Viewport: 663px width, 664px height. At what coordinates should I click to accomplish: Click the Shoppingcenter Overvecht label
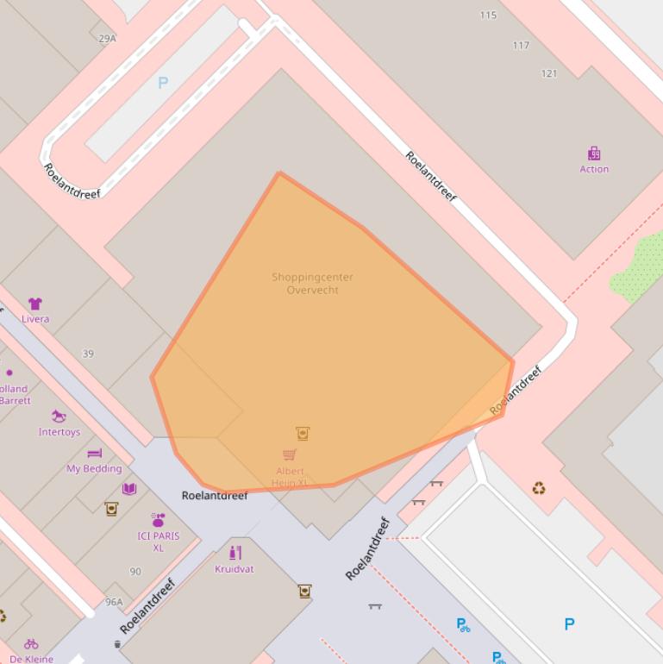pyautogui.click(x=312, y=284)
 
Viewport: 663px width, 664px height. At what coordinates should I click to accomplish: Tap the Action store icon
pyautogui.click(x=594, y=154)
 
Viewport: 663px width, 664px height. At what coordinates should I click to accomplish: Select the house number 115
pyautogui.click(x=489, y=16)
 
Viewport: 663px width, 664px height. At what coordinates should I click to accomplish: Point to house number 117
pyautogui.click(x=521, y=46)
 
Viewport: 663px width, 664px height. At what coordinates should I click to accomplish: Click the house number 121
pyautogui.click(x=549, y=73)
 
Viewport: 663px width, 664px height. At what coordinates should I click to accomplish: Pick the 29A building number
pyautogui.click(x=107, y=39)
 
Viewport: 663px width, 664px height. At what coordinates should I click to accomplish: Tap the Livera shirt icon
pyautogui.click(x=35, y=304)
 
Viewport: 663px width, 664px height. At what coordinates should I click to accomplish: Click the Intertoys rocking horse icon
pyautogui.click(x=59, y=417)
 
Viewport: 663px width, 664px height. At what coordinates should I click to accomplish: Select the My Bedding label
pyautogui.click(x=94, y=468)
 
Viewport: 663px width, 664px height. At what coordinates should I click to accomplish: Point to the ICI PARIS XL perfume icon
pyautogui.click(x=158, y=519)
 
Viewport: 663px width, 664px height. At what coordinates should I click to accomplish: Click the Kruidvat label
pyautogui.click(x=235, y=569)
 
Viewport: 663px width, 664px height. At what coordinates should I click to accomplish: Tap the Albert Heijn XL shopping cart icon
pyautogui.click(x=290, y=454)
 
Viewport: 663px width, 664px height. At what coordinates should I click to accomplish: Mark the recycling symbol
pyautogui.click(x=539, y=489)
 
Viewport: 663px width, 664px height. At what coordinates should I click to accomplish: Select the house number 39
pyautogui.click(x=88, y=354)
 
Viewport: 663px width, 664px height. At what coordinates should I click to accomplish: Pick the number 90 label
pyautogui.click(x=135, y=572)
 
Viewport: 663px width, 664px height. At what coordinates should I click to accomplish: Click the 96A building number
pyautogui.click(x=114, y=602)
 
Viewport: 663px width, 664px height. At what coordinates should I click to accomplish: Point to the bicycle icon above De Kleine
pyautogui.click(x=31, y=643)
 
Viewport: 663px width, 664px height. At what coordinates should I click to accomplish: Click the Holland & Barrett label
pyautogui.click(x=14, y=395)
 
